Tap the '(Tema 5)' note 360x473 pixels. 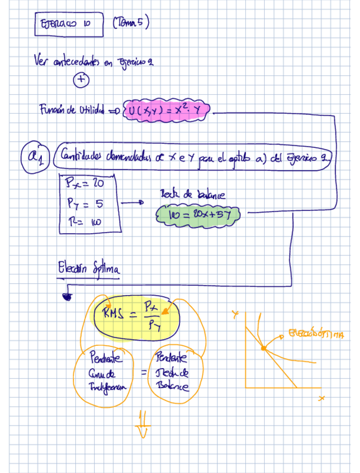point(130,23)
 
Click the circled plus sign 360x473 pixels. point(81,80)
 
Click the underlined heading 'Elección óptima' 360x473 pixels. point(88,269)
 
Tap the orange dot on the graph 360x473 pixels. point(264,348)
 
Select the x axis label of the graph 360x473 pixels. point(322,398)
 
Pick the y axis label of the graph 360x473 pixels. point(235,316)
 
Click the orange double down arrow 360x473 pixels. point(143,426)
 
